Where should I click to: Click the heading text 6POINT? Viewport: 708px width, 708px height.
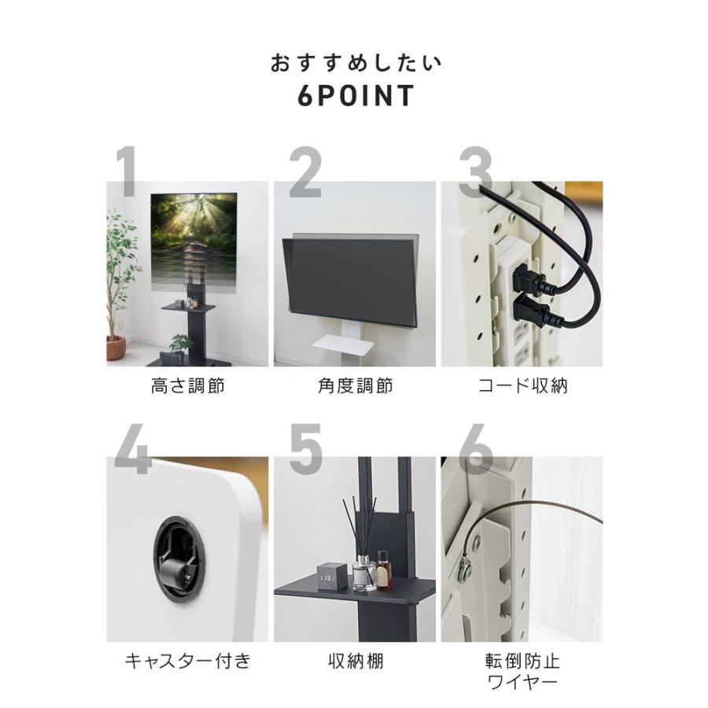pyautogui.click(x=356, y=96)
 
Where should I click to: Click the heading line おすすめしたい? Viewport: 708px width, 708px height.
pyautogui.click(x=356, y=63)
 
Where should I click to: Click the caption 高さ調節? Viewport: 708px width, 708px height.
pyautogui.click(x=187, y=385)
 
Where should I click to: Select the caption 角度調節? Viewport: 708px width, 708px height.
pyautogui.click(x=355, y=385)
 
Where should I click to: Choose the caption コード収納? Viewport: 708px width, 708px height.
pyautogui.click(x=522, y=385)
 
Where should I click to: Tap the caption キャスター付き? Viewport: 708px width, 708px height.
pyautogui.click(x=187, y=661)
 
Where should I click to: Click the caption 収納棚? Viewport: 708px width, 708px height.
pyautogui.click(x=355, y=661)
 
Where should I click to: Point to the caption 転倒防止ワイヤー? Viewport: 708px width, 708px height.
pyautogui.click(x=522, y=670)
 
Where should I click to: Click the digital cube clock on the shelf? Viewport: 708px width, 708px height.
pyautogui.click(x=331, y=577)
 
